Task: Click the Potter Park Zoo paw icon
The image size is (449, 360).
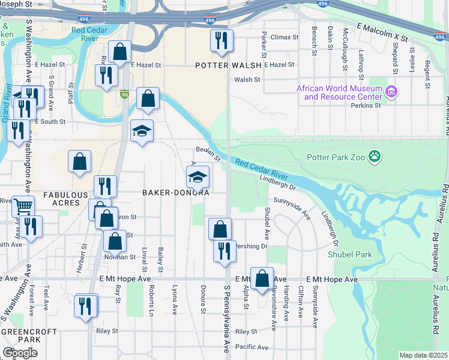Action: [376, 157]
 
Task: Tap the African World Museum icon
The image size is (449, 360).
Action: [392, 92]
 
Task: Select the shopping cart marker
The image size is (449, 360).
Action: [23, 206]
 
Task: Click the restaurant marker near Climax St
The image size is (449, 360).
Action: [221, 40]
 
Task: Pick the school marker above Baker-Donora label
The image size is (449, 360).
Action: [197, 176]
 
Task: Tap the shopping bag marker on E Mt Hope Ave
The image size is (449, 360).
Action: [262, 278]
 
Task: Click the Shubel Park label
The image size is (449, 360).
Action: [350, 254]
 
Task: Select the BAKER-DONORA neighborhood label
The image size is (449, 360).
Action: [175, 193]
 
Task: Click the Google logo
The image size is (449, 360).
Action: [20, 353]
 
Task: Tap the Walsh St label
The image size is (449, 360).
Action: [247, 79]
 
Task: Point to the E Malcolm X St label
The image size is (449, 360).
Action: [382, 32]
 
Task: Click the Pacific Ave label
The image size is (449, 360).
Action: [252, 347]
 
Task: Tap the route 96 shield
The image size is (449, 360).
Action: [124, 95]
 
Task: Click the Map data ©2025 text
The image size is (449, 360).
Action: [423, 355]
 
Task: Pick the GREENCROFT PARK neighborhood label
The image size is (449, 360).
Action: [29, 336]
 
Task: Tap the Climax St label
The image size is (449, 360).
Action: [284, 37]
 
